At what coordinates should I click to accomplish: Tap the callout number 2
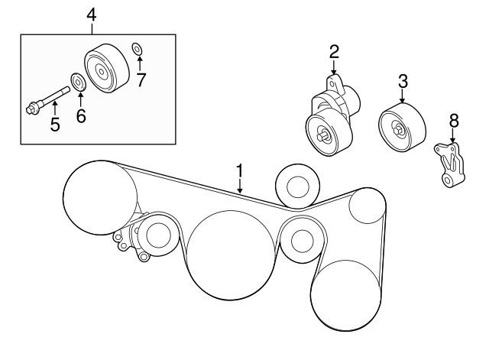click(x=334, y=52)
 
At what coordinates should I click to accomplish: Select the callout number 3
click(x=403, y=79)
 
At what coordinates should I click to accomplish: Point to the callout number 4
click(x=92, y=13)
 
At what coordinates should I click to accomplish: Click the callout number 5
click(x=55, y=123)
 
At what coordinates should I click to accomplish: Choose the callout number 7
click(x=141, y=79)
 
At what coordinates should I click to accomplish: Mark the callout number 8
click(x=453, y=120)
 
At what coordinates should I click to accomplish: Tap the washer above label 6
click(x=77, y=80)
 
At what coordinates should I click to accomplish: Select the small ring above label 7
click(x=136, y=50)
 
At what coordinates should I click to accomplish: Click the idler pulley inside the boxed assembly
click(x=102, y=70)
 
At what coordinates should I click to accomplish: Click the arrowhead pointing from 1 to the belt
click(x=239, y=191)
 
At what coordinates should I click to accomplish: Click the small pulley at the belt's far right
click(x=366, y=206)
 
